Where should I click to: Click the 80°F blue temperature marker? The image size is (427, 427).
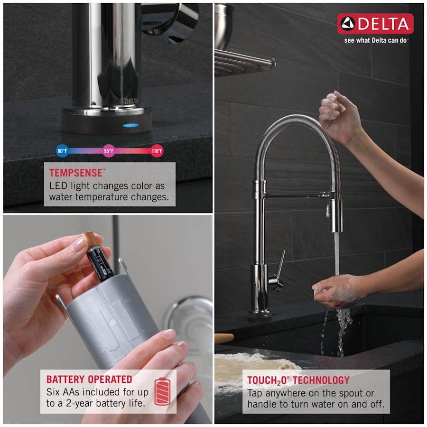(x=62, y=151)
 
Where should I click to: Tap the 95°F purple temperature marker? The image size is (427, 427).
(x=109, y=151)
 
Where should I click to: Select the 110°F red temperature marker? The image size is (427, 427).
(x=157, y=151)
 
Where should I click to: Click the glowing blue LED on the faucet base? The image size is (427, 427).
(x=131, y=126)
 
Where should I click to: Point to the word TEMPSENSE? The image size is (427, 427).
(x=76, y=173)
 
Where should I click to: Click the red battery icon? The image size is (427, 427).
(x=162, y=391)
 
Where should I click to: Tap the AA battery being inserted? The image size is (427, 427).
(x=97, y=257)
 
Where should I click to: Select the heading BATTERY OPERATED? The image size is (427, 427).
(x=89, y=380)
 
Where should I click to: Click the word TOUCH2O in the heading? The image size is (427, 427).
(x=267, y=380)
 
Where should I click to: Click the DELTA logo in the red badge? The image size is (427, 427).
(x=375, y=24)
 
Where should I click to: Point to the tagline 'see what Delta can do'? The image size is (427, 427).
(x=375, y=40)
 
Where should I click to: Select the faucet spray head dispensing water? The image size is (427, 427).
(x=336, y=212)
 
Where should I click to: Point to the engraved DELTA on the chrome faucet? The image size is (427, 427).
(x=131, y=101)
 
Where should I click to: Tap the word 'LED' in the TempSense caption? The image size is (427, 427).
(x=58, y=186)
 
